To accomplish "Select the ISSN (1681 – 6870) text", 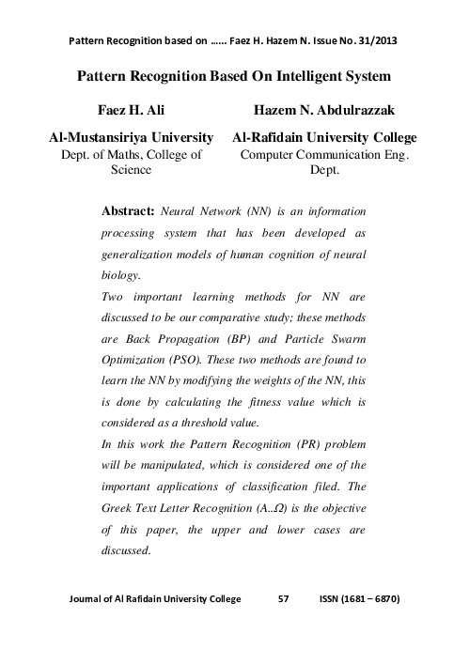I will click(x=359, y=598).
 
